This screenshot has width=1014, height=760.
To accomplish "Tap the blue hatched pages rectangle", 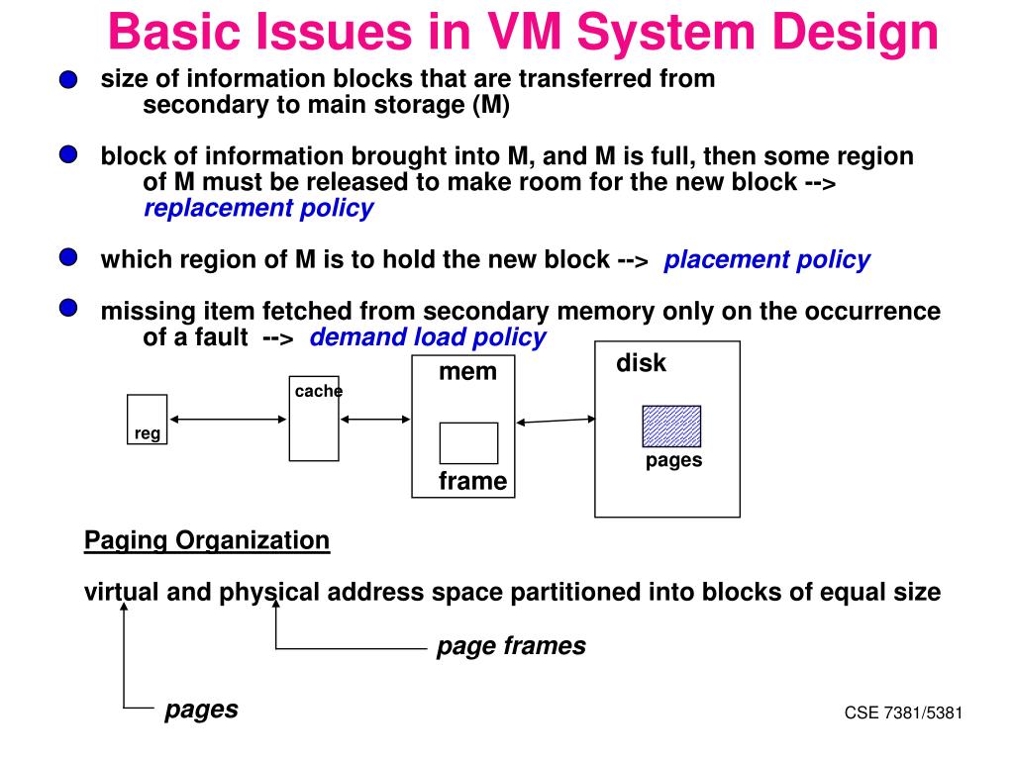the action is tap(671, 426).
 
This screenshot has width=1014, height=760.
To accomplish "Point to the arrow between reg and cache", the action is tap(229, 420).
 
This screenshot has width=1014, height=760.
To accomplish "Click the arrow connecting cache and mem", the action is tap(375, 420).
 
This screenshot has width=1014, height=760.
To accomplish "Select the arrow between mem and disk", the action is tap(556, 421).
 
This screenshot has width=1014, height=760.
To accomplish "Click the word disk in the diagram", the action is tap(641, 363).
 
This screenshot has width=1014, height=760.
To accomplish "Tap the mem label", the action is tap(467, 372).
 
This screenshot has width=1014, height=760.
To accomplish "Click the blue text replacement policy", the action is tap(258, 208).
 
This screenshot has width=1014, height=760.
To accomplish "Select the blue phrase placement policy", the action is tap(767, 260).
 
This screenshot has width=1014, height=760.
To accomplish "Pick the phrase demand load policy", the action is tap(428, 337).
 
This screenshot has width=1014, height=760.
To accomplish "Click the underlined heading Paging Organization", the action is tap(207, 540).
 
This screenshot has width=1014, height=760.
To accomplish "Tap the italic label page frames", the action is tap(511, 645).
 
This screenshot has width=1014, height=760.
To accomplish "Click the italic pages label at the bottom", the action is tap(201, 710).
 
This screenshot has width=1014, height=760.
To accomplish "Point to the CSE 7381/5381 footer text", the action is tap(903, 712).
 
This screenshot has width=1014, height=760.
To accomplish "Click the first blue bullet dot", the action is tap(68, 79).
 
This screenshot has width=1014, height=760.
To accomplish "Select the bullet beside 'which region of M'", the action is tap(68, 257).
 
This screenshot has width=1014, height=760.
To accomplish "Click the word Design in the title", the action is tap(855, 33).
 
